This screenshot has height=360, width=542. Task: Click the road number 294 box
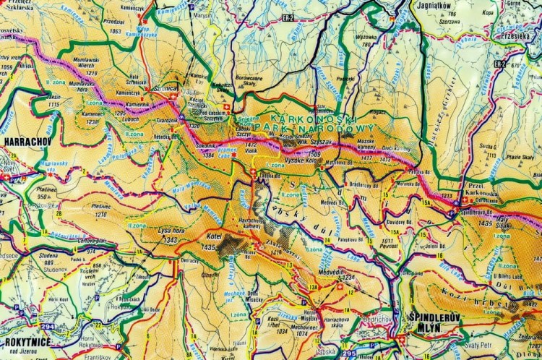(47, 327)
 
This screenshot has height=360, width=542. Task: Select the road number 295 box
(349, 353)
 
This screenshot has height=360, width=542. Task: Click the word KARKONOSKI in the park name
(298, 116)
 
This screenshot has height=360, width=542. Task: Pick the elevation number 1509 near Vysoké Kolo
(313, 153)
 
